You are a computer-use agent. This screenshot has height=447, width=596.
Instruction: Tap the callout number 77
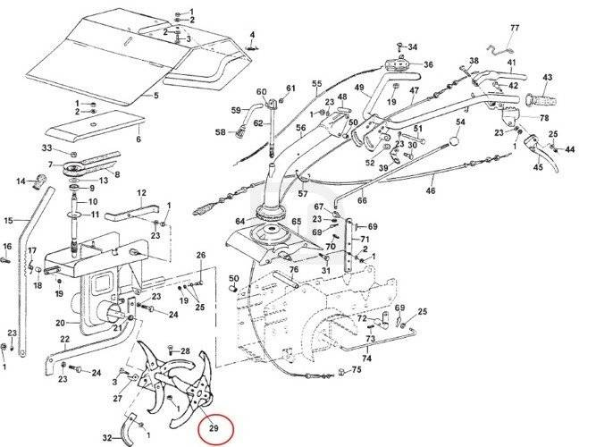tap(514, 28)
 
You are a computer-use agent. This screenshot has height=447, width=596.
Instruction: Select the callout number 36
tap(429, 64)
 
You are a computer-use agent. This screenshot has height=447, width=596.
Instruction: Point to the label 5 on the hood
tap(156, 97)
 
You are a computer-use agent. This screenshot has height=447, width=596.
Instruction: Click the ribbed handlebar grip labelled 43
tap(541, 95)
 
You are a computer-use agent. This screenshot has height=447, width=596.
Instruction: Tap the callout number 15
tap(8, 221)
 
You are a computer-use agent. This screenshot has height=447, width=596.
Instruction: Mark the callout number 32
tap(107, 438)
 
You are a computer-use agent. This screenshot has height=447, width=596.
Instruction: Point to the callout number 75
tap(356, 369)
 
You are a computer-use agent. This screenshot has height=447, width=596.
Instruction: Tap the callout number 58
tap(221, 132)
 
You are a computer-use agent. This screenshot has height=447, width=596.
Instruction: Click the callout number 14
tap(21, 182)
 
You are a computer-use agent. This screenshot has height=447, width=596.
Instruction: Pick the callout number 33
tap(46, 148)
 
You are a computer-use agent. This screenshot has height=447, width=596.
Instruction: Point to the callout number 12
tap(141, 193)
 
